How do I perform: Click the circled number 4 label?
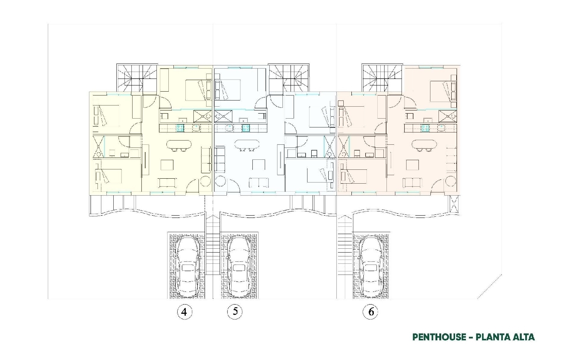pyautogui.click(x=185, y=312)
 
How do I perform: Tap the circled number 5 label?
pyautogui.click(x=235, y=311)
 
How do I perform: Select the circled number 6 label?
pyautogui.click(x=371, y=312)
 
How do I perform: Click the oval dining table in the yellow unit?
pyautogui.click(x=179, y=144)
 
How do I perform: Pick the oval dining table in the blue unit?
pyautogui.click(x=247, y=144)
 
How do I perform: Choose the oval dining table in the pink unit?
pyautogui.click(x=424, y=144)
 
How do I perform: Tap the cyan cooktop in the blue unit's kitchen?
pyautogui.click(x=246, y=128)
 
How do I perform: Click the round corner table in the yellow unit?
pyautogui.click(x=206, y=181)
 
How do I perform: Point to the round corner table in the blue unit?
pyautogui.click(x=220, y=181)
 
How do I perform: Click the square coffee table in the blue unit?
pyautogui.click(x=259, y=165)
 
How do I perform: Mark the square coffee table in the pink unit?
pyautogui.click(x=412, y=165)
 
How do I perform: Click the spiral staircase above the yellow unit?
pyautogui.click(x=137, y=77)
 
